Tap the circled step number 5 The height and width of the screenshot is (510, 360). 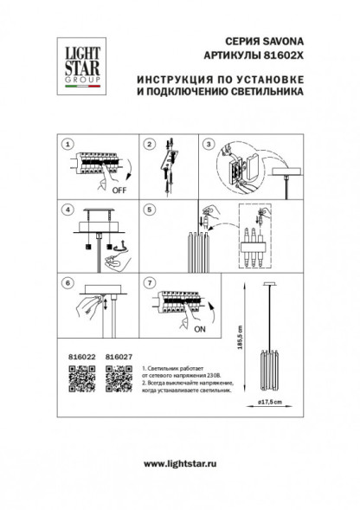click(148, 208)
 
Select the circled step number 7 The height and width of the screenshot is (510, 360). click(148, 281)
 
